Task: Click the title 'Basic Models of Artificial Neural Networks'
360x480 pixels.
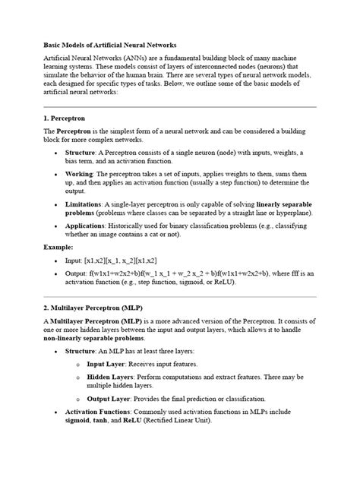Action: click(111, 46)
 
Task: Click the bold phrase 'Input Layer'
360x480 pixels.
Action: click(108, 363)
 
